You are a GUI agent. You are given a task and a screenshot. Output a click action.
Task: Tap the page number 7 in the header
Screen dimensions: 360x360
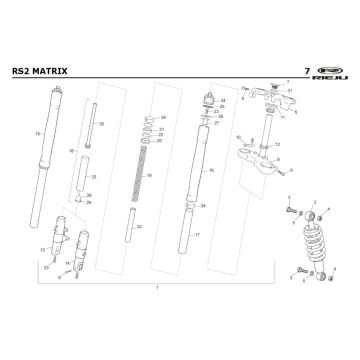click(303, 72)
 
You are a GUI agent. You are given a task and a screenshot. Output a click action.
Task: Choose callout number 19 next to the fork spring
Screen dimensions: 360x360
click(149, 175)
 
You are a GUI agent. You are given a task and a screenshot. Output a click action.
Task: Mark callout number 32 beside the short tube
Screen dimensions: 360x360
click(139, 227)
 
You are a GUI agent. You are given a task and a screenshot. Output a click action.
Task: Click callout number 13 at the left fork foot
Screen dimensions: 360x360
click(42, 249)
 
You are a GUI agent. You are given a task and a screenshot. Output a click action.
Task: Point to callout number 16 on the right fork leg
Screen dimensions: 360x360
click(212, 172)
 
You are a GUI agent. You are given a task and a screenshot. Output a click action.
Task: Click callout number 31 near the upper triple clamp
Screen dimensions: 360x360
click(290, 91)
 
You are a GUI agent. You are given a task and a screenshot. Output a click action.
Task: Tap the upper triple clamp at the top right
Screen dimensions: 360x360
click(268, 98)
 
